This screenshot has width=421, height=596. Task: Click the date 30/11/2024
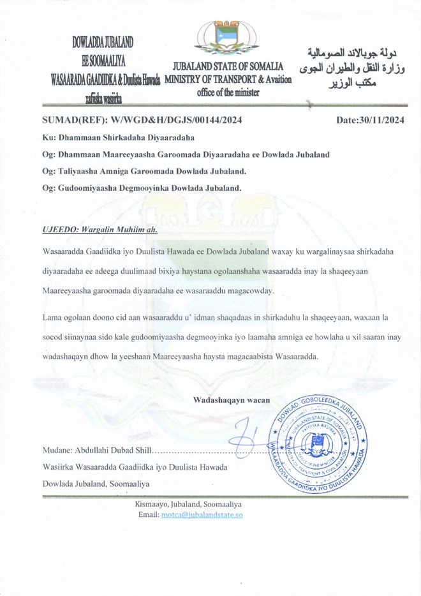369,119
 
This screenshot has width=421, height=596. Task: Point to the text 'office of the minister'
228,92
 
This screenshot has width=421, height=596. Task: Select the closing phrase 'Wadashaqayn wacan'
231,400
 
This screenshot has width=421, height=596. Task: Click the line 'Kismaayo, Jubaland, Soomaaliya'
188,503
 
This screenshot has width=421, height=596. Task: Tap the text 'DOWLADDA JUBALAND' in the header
102,43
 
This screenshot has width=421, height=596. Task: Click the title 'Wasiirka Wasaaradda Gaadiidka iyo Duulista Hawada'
135,468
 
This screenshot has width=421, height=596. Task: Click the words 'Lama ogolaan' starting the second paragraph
65,317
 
